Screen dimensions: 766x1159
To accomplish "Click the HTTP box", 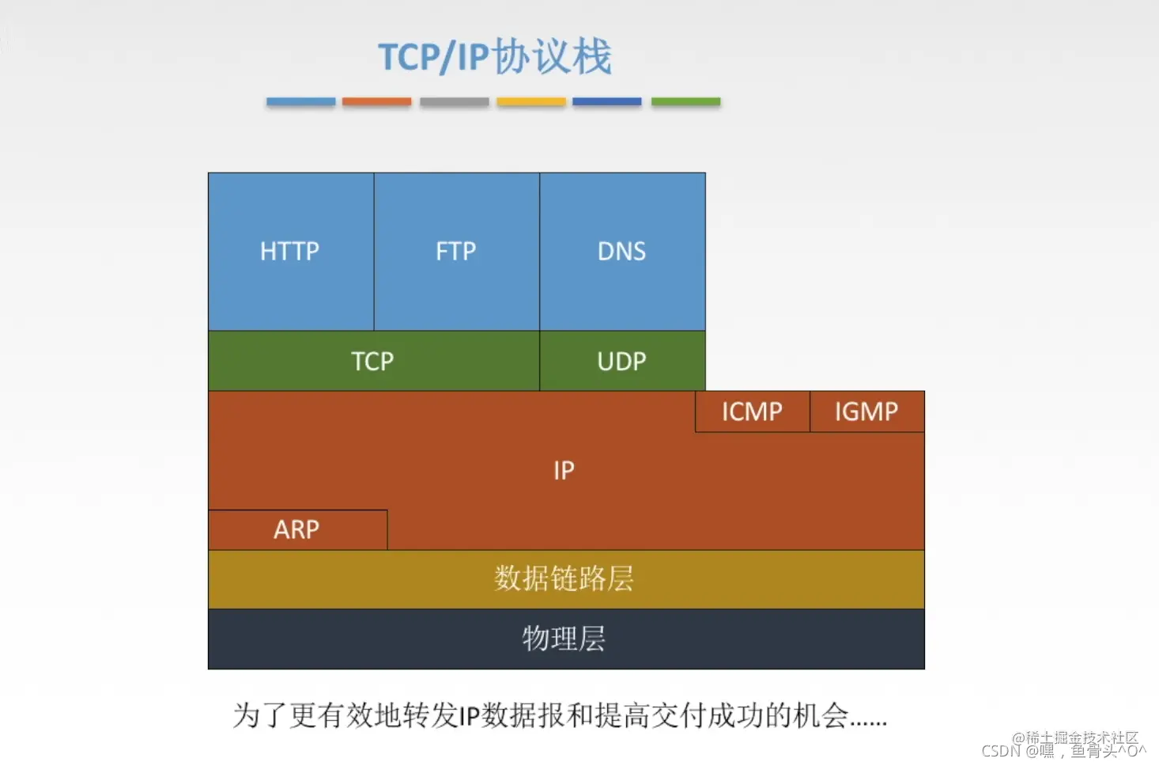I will click(290, 252).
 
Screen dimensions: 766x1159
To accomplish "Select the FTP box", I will click(456, 252).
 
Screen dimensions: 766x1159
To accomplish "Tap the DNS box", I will click(622, 252).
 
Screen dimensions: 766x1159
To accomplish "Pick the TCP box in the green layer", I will click(372, 362).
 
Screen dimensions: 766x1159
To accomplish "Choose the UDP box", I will click(622, 362).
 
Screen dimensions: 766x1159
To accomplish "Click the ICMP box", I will click(752, 411).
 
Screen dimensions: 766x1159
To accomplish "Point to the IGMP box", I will click(866, 411).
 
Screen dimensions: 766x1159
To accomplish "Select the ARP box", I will click(296, 529).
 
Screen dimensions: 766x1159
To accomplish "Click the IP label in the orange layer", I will click(564, 471).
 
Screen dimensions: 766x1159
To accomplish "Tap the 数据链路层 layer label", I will click(564, 579).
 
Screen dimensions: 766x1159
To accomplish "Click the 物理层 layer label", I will click(564, 639).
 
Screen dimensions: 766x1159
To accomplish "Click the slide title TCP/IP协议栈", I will click(495, 57).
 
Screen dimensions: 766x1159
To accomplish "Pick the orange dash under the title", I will click(376, 101).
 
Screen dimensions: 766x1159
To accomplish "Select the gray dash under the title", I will click(454, 101).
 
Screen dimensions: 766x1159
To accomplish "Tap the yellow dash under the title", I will click(530, 101).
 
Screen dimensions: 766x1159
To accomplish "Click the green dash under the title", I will click(685, 101).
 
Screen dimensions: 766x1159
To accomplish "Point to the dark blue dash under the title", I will click(606, 101).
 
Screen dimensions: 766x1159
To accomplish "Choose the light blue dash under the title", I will click(300, 101).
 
